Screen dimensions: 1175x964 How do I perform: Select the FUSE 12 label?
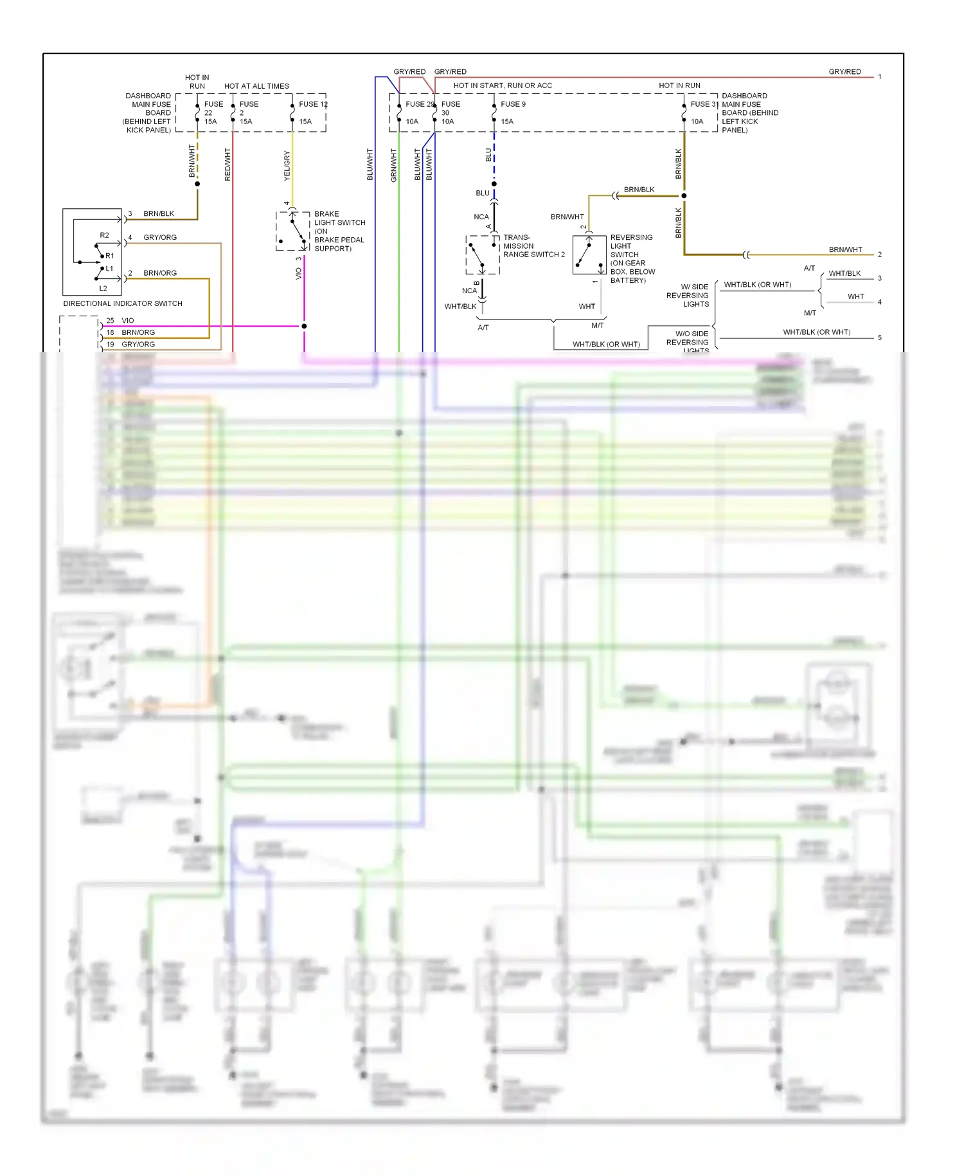[x=313, y=104]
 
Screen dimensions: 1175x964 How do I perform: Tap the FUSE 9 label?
[x=513, y=104]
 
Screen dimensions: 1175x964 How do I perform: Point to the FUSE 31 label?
[x=704, y=104]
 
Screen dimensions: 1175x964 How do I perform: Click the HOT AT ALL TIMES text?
[x=256, y=86]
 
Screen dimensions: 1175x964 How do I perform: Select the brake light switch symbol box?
[x=293, y=230]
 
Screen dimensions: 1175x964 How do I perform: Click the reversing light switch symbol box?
[x=589, y=255]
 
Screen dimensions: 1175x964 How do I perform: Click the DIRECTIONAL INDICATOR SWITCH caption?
[x=123, y=303]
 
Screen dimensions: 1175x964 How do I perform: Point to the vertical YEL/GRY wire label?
[x=287, y=166]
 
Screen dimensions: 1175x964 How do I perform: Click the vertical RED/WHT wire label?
[x=228, y=164]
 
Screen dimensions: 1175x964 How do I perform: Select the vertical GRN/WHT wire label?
[x=394, y=165]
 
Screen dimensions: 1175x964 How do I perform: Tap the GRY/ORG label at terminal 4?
[x=160, y=237]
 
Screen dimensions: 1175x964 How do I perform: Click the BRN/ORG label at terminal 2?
[x=160, y=273]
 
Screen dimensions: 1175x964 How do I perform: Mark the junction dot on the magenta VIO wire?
[x=304, y=326]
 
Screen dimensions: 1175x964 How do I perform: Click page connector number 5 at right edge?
[x=880, y=337]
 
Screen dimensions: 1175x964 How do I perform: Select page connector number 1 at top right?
[x=880, y=76]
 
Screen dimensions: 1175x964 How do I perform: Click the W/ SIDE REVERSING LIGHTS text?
[x=688, y=296]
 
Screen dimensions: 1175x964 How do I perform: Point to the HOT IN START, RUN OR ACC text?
[x=503, y=85]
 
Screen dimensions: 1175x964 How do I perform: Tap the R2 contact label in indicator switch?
[x=104, y=235]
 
